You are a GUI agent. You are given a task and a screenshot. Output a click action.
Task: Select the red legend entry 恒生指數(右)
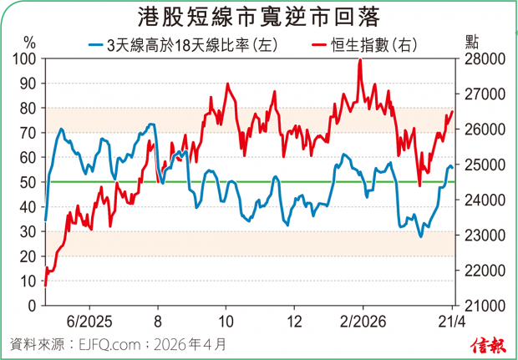click(x=363, y=43)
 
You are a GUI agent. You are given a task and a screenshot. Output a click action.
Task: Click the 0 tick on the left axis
click(x=32, y=305)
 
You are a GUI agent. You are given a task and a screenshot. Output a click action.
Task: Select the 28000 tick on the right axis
click(x=478, y=59)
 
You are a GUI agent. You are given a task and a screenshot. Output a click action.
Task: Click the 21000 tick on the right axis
click(x=478, y=305)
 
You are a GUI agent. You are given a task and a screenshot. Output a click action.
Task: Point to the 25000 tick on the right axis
click(x=478, y=165)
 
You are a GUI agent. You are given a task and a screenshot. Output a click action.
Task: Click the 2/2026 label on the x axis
click(x=363, y=321)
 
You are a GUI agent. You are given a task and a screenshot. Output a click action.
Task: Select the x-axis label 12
click(x=293, y=321)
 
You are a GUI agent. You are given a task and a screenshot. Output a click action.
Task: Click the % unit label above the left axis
click(x=30, y=41)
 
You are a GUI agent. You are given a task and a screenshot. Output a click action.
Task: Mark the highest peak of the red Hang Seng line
click(x=359, y=60)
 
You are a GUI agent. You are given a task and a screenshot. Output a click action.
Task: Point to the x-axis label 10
click(x=226, y=321)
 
